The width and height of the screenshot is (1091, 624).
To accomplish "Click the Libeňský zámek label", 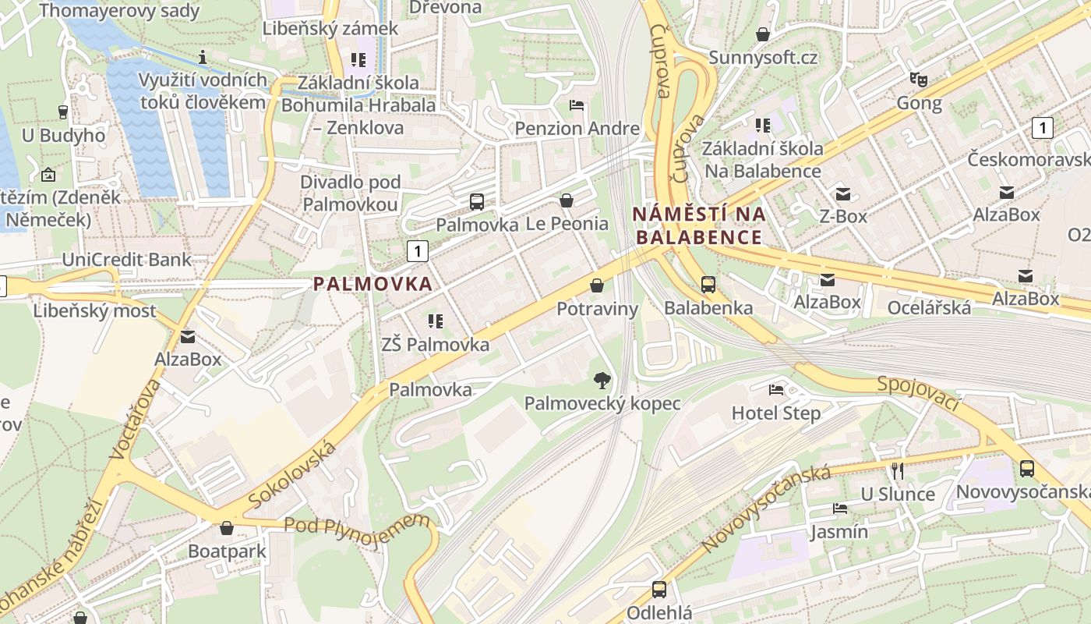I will [x=330, y=29].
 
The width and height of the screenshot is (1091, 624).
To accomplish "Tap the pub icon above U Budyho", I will [x=63, y=112].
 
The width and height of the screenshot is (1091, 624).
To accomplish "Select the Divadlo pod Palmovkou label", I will [x=351, y=193].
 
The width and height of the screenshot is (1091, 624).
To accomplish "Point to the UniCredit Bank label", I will [x=126, y=260].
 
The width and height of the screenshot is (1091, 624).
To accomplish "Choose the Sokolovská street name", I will [x=293, y=474].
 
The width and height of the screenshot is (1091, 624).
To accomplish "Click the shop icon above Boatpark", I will [x=227, y=528].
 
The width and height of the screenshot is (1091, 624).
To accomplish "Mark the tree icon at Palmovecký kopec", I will [x=602, y=381].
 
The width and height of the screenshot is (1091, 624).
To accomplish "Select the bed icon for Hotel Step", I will [x=776, y=389].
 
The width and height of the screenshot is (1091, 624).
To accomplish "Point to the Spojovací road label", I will [x=919, y=395].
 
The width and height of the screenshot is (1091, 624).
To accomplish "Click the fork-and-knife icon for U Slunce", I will [x=898, y=470].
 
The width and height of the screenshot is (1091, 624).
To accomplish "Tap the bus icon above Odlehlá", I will [x=659, y=590].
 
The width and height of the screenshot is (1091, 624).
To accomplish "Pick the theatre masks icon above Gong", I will [x=919, y=80].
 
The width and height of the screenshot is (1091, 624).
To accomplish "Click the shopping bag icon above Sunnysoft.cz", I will [x=763, y=34].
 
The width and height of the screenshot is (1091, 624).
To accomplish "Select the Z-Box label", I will [x=843, y=216].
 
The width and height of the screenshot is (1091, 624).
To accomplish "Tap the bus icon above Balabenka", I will [x=708, y=285].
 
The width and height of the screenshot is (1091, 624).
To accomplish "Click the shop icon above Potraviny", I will [x=597, y=285].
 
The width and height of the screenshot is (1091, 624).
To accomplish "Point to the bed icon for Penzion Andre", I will [x=577, y=105].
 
